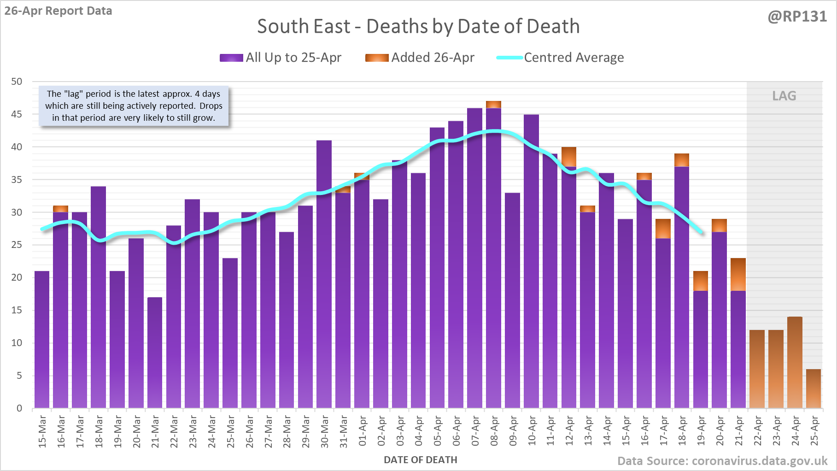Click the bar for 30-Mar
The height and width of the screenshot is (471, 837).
point(324,274)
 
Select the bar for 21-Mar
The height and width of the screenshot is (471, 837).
point(155,353)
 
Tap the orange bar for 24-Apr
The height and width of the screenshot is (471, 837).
point(795,362)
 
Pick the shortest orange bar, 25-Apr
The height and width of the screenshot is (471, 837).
point(814,389)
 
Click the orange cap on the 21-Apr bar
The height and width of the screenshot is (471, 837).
point(738,275)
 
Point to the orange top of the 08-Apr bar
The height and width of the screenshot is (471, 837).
point(493,105)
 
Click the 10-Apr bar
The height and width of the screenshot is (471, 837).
point(531,261)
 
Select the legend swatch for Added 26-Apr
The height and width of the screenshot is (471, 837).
point(377,58)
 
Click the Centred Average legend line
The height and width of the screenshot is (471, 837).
point(509,58)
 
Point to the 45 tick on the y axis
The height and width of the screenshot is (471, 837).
point(17,114)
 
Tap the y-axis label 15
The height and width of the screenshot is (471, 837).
point(17,310)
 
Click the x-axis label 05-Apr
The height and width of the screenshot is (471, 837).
point(437,431)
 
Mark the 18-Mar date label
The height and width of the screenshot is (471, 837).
point(99,431)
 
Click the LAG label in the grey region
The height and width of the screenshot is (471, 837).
point(784,96)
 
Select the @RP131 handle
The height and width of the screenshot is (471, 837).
point(797,17)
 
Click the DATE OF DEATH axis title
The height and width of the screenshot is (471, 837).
point(420,460)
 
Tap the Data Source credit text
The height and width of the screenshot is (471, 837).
point(722,461)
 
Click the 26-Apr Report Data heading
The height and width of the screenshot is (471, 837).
point(59,11)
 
